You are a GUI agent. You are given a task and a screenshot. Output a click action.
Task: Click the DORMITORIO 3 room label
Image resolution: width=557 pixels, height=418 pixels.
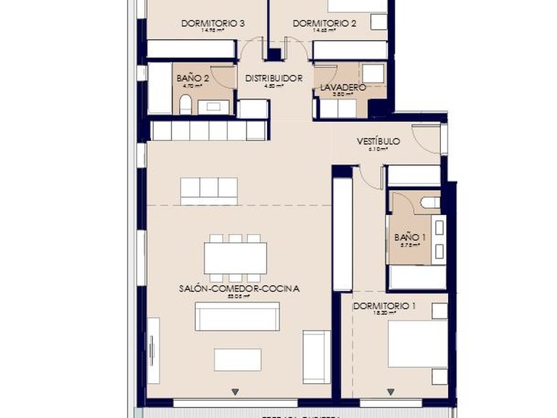tap(213, 23)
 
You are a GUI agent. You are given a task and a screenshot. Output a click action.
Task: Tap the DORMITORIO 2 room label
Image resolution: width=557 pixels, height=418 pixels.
tap(324, 23)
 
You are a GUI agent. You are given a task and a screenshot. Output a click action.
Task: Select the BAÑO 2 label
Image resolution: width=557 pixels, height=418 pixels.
tap(192, 78)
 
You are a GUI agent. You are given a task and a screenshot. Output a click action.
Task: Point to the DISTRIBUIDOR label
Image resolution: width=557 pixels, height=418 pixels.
tap(273, 78)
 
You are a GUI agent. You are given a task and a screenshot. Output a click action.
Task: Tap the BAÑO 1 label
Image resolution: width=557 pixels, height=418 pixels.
tap(406, 237)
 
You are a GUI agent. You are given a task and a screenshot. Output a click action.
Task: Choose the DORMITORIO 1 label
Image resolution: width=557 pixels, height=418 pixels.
tap(384, 306)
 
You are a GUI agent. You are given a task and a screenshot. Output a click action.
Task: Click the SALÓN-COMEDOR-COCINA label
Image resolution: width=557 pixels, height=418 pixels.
tap(239, 288)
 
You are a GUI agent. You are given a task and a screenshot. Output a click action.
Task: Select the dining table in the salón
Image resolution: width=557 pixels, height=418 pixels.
tap(235, 258)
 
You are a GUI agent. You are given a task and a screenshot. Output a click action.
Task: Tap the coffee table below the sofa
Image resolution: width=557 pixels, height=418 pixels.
tap(237, 359)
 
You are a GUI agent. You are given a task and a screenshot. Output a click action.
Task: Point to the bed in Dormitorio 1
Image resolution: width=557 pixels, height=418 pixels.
tap(416, 343)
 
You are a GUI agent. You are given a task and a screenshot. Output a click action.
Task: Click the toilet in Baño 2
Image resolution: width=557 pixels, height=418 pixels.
tap(185, 104)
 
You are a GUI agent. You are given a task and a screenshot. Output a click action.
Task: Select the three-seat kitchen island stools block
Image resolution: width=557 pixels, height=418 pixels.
tap(209, 189)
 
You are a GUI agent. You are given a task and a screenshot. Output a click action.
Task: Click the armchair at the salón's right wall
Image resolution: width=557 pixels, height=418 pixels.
tap(316, 356)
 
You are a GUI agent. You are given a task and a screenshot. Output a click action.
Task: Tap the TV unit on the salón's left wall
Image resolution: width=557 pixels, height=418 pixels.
tap(153, 351)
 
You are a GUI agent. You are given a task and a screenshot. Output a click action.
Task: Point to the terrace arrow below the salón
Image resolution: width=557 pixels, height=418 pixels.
tap(234, 393)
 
